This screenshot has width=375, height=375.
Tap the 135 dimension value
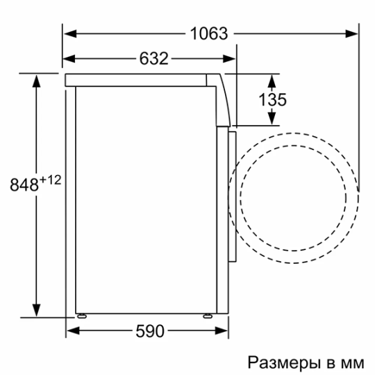(272, 99)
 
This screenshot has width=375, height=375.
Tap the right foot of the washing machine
(208, 315)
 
